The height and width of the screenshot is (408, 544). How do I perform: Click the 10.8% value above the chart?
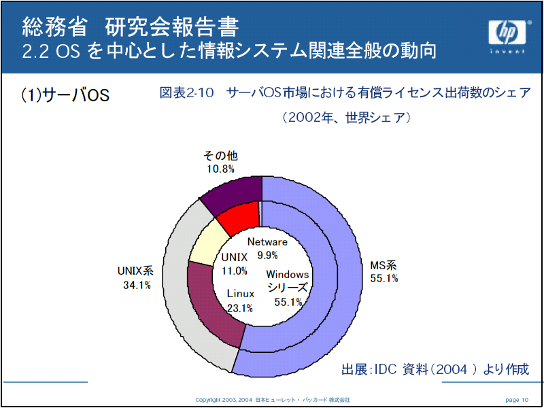click(220, 169)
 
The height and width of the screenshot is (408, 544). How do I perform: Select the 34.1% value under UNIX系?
click(137, 286)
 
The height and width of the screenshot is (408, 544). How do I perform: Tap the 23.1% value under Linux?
click(240, 308)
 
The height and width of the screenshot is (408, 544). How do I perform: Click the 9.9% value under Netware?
click(267, 256)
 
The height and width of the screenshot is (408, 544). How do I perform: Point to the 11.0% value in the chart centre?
click(235, 270)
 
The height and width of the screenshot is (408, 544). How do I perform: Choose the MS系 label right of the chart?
click(383, 265)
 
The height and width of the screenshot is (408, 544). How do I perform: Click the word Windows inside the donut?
click(287, 275)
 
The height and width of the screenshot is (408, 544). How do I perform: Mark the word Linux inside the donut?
click(241, 294)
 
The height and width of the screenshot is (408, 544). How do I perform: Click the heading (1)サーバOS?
click(65, 95)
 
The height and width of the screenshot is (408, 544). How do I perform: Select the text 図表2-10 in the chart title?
click(186, 93)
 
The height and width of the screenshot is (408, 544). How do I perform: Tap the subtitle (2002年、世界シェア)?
click(346, 118)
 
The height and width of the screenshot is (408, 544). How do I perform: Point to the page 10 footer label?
click(517, 400)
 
